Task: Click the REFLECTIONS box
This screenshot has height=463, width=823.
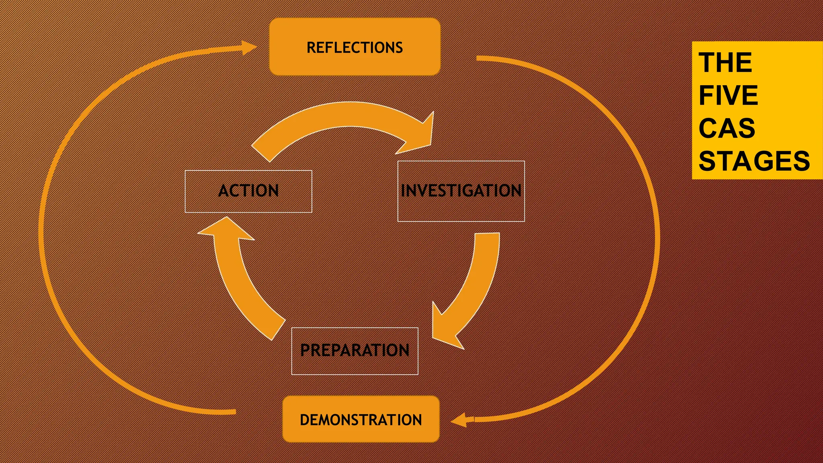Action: coord(354,47)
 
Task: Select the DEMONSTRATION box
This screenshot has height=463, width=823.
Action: coord(360,419)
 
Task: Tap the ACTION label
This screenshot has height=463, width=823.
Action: coord(248,191)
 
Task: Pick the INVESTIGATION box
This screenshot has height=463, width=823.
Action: coord(461,191)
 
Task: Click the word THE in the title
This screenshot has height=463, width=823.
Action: coord(725,63)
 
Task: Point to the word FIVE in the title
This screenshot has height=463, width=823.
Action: coord(728,96)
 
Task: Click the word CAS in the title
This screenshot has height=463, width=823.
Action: coord(727,129)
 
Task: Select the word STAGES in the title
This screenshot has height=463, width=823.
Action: coord(754,161)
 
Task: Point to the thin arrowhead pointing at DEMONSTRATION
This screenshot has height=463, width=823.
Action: coord(459,420)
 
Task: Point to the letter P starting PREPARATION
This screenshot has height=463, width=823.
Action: coord(305,350)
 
